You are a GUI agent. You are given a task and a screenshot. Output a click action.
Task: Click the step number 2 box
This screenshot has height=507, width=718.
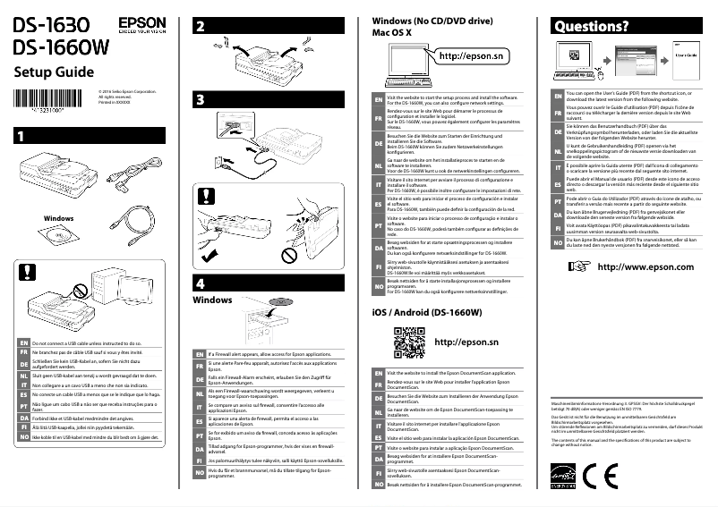[x=201, y=26]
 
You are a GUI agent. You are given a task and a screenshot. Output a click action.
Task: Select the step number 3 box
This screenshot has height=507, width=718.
[x=201, y=98]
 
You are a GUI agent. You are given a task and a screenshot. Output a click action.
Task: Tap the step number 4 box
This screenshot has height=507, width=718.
[x=201, y=282]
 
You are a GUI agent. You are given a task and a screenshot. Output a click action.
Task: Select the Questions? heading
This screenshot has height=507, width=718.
[x=591, y=26]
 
